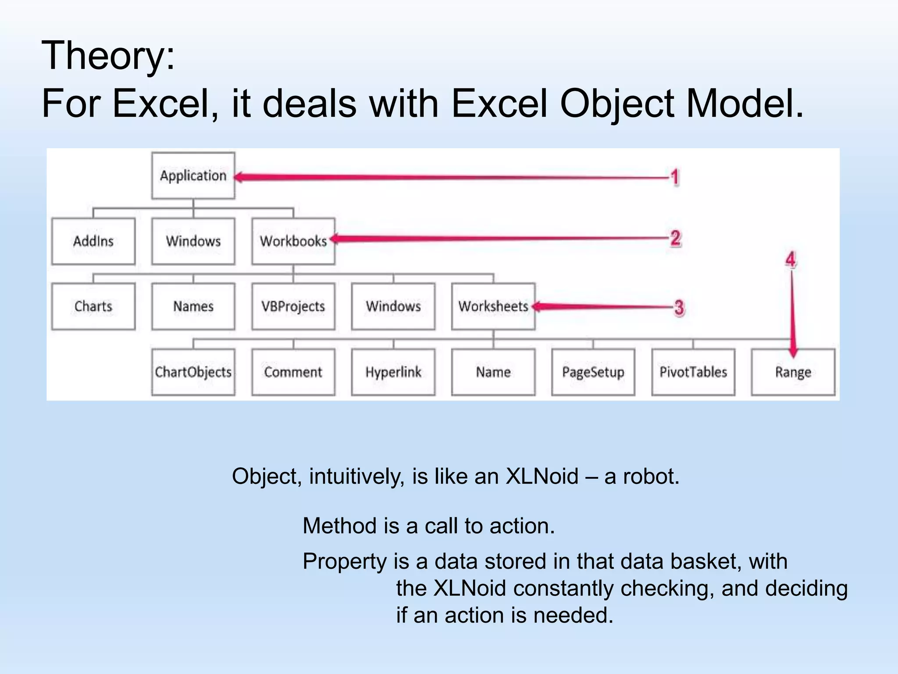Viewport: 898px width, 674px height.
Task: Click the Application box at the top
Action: point(193,176)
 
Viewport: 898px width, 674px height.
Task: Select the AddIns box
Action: point(93,241)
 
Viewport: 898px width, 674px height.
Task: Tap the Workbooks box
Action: point(293,241)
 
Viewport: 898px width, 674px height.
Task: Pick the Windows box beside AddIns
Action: point(193,241)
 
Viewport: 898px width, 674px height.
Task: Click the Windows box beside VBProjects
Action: point(393,306)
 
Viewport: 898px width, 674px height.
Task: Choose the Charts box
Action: point(93,306)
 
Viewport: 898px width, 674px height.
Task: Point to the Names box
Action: point(193,306)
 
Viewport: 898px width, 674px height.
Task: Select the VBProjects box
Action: point(293,306)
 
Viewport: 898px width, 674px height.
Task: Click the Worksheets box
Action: point(493,306)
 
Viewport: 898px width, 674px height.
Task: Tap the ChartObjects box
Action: point(193,372)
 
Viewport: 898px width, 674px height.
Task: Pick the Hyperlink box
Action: point(393,372)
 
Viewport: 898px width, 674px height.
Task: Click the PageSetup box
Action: point(593,372)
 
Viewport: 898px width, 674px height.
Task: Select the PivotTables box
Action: point(693,372)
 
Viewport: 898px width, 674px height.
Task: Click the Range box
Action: point(793,372)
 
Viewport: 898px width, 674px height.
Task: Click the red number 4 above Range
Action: point(791,259)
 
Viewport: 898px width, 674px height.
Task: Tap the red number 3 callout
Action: point(679,307)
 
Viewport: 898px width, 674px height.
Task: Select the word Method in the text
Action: point(340,526)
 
